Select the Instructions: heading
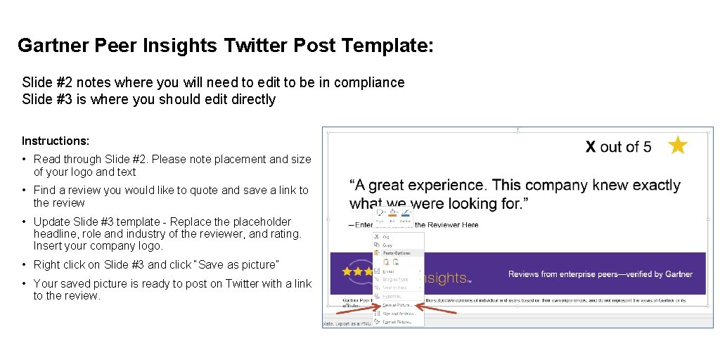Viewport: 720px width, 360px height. [x=56, y=141]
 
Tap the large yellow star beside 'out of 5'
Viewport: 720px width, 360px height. [x=678, y=146]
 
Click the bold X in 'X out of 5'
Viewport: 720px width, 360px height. [x=591, y=147]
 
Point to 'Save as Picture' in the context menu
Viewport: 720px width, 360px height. [x=398, y=305]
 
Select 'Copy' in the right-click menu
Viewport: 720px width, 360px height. [x=388, y=245]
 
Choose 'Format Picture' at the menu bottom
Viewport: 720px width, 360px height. [x=398, y=321]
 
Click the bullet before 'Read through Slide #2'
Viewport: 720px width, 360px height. [x=25, y=160]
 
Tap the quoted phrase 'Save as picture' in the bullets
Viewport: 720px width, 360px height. [x=239, y=265]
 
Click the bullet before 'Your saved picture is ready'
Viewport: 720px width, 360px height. [x=25, y=284]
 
